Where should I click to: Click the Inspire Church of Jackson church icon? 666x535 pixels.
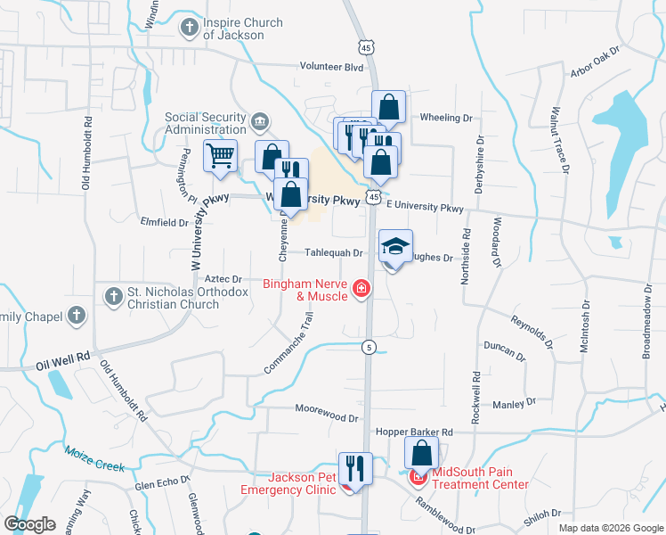[x=189, y=28]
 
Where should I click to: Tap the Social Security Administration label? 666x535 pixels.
[x=206, y=123]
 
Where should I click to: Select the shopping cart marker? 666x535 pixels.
[x=220, y=156]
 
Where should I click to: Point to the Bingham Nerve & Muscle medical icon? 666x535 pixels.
[x=361, y=287]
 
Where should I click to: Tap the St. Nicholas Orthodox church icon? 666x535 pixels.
[x=113, y=296]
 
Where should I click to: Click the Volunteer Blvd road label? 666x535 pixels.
[x=331, y=67]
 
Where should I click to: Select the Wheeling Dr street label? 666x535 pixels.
[x=445, y=118]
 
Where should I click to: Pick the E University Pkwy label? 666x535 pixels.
[x=425, y=207]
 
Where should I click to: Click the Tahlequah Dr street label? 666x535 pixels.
[x=334, y=253]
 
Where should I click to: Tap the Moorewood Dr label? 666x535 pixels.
[x=327, y=417]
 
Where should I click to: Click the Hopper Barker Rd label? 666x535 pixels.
[x=414, y=432]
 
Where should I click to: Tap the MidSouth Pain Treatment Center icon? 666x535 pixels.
[x=417, y=478]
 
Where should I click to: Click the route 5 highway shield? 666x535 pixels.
[x=368, y=346]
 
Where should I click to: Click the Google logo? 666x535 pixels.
[x=29, y=524]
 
